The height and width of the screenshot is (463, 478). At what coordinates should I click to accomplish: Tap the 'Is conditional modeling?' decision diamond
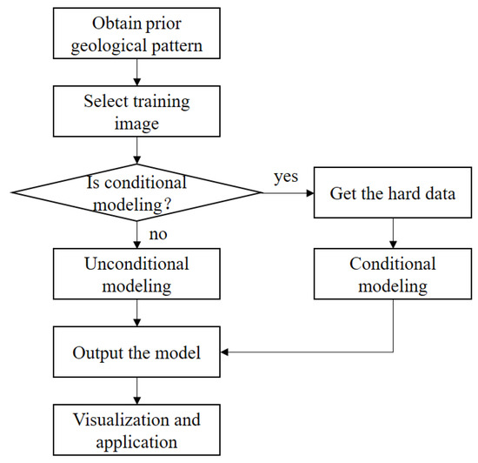tap(136, 192)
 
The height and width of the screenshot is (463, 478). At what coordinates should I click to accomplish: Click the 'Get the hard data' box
tap(394, 192)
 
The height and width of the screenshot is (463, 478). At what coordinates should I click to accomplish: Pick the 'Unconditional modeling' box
tap(137, 274)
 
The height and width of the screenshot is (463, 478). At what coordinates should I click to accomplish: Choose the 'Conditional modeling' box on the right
tap(394, 274)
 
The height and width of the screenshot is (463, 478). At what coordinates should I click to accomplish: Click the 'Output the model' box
tap(137, 353)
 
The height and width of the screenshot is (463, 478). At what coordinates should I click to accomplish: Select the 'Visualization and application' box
tap(137, 429)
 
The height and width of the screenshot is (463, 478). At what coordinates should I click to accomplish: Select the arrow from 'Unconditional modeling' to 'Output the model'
tap(137, 313)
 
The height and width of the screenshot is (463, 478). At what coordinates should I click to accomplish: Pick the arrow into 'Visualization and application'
tap(137, 391)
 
